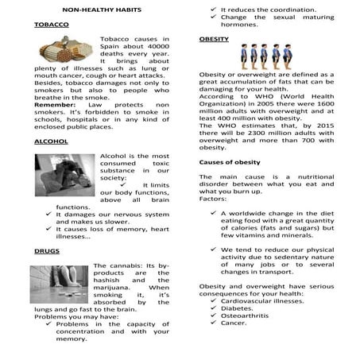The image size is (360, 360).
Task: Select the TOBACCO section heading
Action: click(x=52, y=25)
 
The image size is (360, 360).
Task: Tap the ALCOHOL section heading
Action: click(x=52, y=141)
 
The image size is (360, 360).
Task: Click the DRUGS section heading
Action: click(x=47, y=250)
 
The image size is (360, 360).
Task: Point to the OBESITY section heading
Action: click(x=214, y=37)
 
